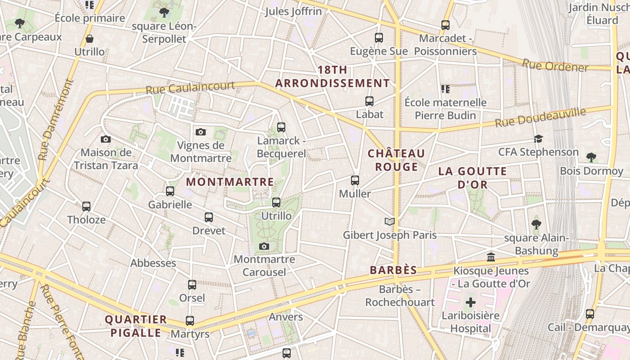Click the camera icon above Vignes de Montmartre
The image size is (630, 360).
(x=201, y=132)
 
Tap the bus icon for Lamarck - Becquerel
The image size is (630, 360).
(x=281, y=127)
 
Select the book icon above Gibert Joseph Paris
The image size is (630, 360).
(x=390, y=221)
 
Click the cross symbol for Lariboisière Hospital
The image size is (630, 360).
(x=471, y=302)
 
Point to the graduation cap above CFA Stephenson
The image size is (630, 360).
(x=538, y=139)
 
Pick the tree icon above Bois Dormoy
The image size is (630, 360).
(x=591, y=157)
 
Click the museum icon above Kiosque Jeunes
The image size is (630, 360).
(x=491, y=257)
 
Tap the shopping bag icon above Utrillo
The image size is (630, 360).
(x=90, y=39)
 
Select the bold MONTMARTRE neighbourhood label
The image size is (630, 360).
(x=230, y=182)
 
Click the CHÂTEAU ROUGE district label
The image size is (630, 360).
(x=396, y=160)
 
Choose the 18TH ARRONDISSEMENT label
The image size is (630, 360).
(x=333, y=77)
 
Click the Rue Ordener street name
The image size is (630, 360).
(x=555, y=66)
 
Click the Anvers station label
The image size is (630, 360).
(x=286, y=317)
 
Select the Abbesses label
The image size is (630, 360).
(x=153, y=263)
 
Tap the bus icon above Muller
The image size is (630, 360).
(x=355, y=180)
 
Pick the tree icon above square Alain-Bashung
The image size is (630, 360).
(x=536, y=224)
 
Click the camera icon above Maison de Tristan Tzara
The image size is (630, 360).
(x=106, y=139)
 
